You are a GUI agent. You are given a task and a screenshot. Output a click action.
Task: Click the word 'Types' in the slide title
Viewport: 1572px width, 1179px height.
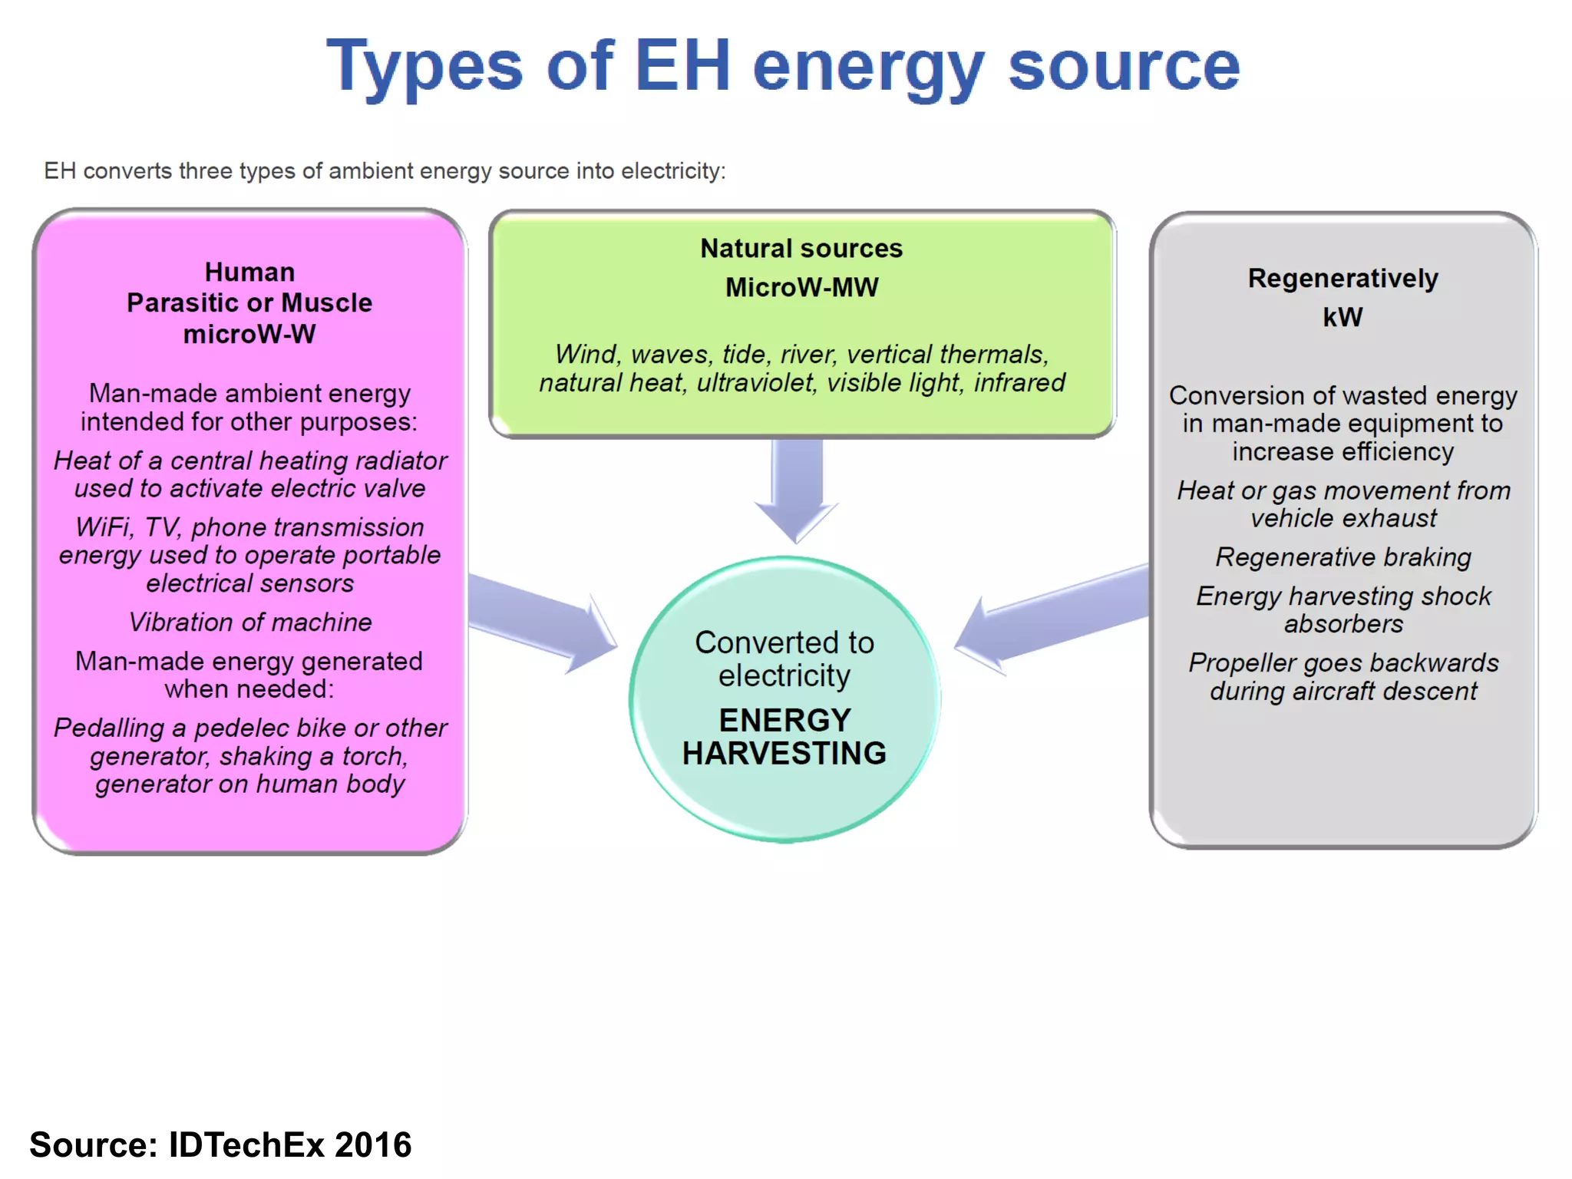pos(424,68)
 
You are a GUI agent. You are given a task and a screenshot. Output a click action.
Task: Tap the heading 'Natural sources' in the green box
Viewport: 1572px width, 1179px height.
pos(801,249)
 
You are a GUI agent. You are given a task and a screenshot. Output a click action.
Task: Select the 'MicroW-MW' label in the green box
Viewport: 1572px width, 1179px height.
pos(801,288)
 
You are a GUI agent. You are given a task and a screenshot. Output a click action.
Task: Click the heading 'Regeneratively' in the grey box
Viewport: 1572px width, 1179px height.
pos(1342,279)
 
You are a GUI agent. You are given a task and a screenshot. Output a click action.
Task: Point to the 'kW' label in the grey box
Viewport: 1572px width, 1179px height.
pos(1342,317)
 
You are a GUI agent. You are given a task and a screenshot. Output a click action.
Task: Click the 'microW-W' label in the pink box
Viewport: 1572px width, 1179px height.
pos(249,335)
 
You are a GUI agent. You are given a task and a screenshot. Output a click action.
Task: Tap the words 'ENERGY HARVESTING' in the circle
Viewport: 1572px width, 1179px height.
pos(784,737)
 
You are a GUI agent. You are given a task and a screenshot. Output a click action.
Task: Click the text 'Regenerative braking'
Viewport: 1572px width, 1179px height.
pos(1342,557)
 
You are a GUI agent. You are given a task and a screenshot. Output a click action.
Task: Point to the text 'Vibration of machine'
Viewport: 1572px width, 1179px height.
pos(249,623)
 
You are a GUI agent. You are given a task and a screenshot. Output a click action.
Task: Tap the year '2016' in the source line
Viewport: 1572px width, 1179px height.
pos(373,1144)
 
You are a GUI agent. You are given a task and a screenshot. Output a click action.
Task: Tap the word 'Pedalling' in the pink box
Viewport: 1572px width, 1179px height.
pos(108,728)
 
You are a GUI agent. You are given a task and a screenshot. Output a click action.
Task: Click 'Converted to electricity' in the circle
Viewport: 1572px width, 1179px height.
pos(784,659)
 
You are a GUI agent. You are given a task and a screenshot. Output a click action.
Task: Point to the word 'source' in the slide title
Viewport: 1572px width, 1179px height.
pos(1124,68)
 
